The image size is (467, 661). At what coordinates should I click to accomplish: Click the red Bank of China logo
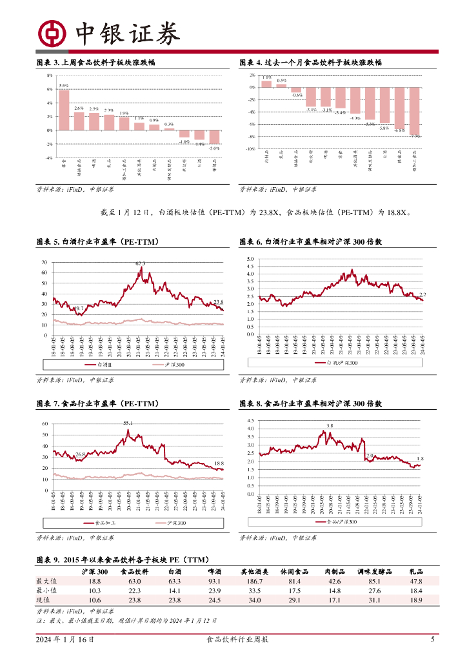(x=53, y=33)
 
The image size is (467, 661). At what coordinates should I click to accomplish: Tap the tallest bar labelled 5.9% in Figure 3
(x=64, y=110)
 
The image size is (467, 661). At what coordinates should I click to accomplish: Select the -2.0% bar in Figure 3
(x=214, y=137)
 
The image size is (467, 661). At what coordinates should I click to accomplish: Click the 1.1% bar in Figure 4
(x=267, y=83)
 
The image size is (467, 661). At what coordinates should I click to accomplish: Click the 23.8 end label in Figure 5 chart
(x=219, y=302)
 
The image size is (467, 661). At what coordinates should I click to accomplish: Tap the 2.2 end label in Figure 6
(x=423, y=294)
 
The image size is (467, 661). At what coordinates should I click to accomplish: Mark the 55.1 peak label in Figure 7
(x=128, y=423)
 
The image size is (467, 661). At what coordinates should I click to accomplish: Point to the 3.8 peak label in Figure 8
(x=330, y=426)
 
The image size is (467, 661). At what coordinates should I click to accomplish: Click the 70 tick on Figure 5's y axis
(x=45, y=263)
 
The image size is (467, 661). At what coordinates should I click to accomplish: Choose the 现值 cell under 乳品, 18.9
(x=416, y=600)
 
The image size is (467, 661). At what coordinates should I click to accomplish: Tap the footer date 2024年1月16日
(x=65, y=640)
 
